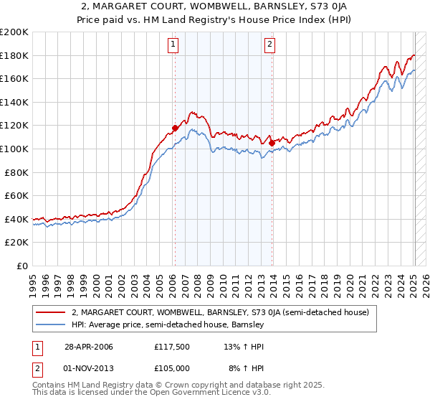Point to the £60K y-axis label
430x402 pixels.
[16, 195]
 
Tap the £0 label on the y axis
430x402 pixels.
[23, 266]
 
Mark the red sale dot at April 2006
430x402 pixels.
[175, 128]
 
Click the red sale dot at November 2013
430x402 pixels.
[272, 143]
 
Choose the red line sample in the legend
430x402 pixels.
[52, 312]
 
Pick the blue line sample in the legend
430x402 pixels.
[52, 324]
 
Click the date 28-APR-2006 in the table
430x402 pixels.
[88, 347]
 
